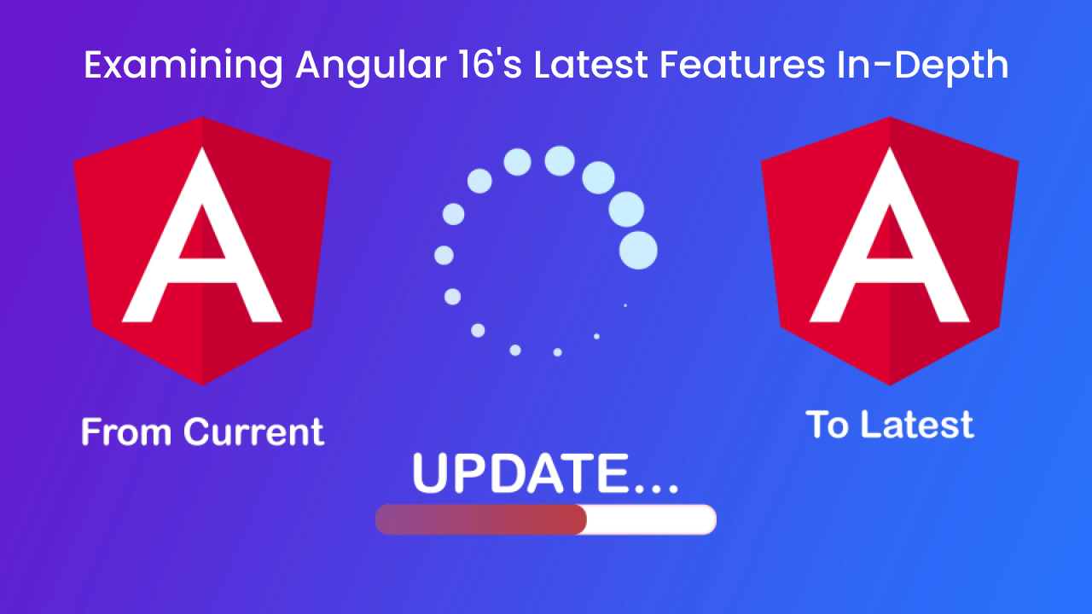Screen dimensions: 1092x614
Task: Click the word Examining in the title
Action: (183, 66)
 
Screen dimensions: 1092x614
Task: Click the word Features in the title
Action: (742, 64)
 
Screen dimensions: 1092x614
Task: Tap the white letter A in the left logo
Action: (202, 235)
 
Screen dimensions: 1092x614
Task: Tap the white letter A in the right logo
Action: (890, 235)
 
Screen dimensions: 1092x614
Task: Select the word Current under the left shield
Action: (253, 432)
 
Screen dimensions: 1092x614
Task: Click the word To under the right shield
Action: (828, 424)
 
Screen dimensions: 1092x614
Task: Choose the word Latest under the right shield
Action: (917, 424)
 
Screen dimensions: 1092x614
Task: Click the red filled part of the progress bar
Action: (480, 519)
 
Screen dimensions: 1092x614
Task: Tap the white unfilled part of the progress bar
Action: (651, 519)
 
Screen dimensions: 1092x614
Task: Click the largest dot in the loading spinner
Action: (638, 251)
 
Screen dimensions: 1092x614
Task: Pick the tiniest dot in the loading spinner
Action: (625, 305)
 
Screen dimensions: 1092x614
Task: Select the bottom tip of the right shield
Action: (890, 385)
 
